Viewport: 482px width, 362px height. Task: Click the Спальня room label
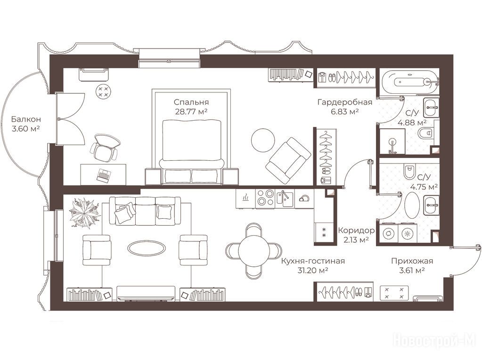coord(191,102)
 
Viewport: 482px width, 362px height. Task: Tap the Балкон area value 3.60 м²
coord(26,129)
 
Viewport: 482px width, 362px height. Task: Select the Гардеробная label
coord(345,102)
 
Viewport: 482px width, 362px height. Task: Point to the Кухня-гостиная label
coord(313,261)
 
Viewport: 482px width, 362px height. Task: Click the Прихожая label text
coord(412,261)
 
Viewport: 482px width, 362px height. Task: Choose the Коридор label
coord(356,230)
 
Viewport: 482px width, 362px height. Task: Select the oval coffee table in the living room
coord(147,247)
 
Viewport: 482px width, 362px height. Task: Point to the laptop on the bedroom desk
coord(103,175)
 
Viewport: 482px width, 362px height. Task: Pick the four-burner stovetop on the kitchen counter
coord(265,197)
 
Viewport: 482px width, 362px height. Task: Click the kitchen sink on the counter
coord(285,197)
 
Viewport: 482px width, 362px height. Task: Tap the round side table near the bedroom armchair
coord(263,140)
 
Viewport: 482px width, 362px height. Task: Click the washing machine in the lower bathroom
coord(389,233)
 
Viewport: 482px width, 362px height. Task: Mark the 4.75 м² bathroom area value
coord(424,187)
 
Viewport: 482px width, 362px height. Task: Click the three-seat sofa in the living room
coord(145,211)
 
